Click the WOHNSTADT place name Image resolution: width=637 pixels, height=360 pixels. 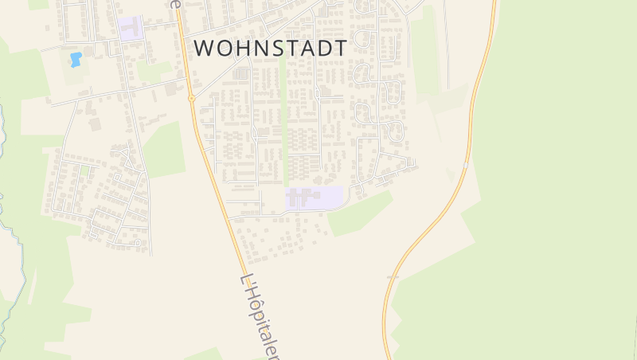pyautogui.click(x=270, y=48)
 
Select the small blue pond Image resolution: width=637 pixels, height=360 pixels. pyautogui.click(x=76, y=59)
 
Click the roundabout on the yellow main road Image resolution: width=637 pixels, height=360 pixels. pyautogui.click(x=192, y=98)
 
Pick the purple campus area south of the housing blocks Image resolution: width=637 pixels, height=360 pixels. pyautogui.click(x=315, y=198)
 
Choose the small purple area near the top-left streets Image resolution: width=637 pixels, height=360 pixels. pyautogui.click(x=131, y=29)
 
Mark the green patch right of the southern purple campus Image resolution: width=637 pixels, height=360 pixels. pyautogui.click(x=360, y=213)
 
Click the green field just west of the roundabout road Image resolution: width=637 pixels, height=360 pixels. pyautogui.click(x=163, y=149)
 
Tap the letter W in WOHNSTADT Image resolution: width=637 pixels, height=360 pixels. pyautogui.click(x=204, y=48)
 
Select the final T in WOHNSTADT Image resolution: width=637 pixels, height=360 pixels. pyautogui.click(x=340, y=48)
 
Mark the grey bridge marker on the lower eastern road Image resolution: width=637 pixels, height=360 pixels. pyautogui.click(x=393, y=276)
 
